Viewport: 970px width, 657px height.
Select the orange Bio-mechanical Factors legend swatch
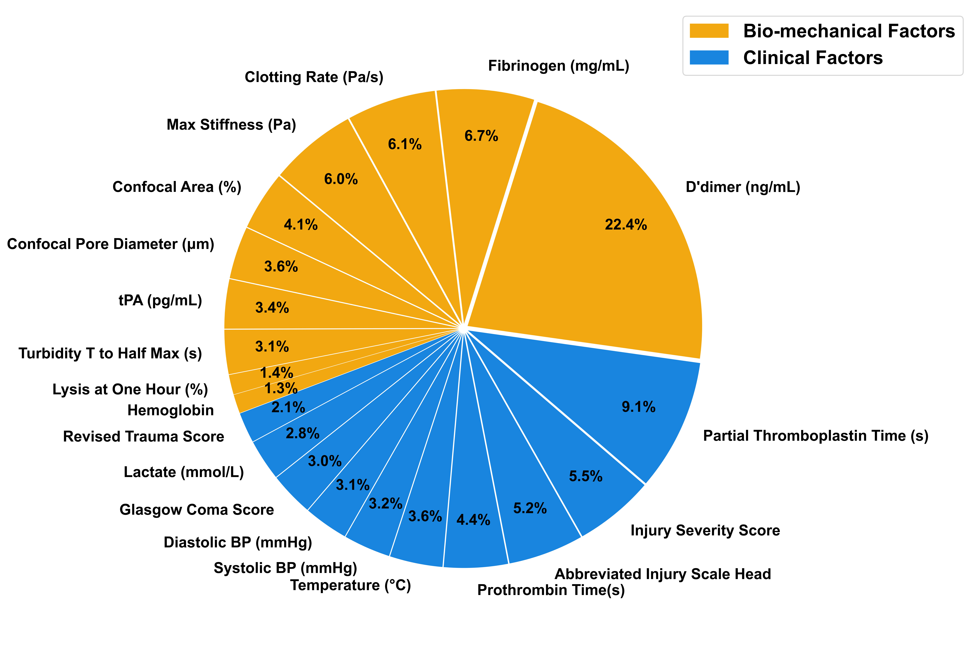pos(709,31)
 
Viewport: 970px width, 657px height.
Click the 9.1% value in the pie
pos(638,407)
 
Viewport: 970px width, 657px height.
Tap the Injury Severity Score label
pos(705,530)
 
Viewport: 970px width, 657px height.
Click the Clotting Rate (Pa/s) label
pos(314,77)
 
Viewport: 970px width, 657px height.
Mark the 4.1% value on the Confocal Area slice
pos(301,225)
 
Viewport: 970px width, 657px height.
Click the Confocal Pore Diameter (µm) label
pos(111,244)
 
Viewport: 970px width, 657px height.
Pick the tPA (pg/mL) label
pos(160,300)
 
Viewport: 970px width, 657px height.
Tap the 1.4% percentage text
pos(276,372)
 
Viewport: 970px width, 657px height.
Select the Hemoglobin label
pos(170,410)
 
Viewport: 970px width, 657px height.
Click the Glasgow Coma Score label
pos(197,510)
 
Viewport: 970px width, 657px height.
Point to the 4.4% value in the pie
pos(473,520)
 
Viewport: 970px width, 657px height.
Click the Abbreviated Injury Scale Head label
pos(662,574)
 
